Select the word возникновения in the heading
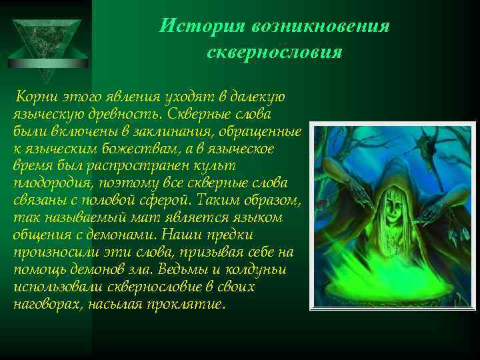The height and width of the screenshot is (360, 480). tap(320, 26)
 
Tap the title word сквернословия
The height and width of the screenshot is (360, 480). tap(274, 52)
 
